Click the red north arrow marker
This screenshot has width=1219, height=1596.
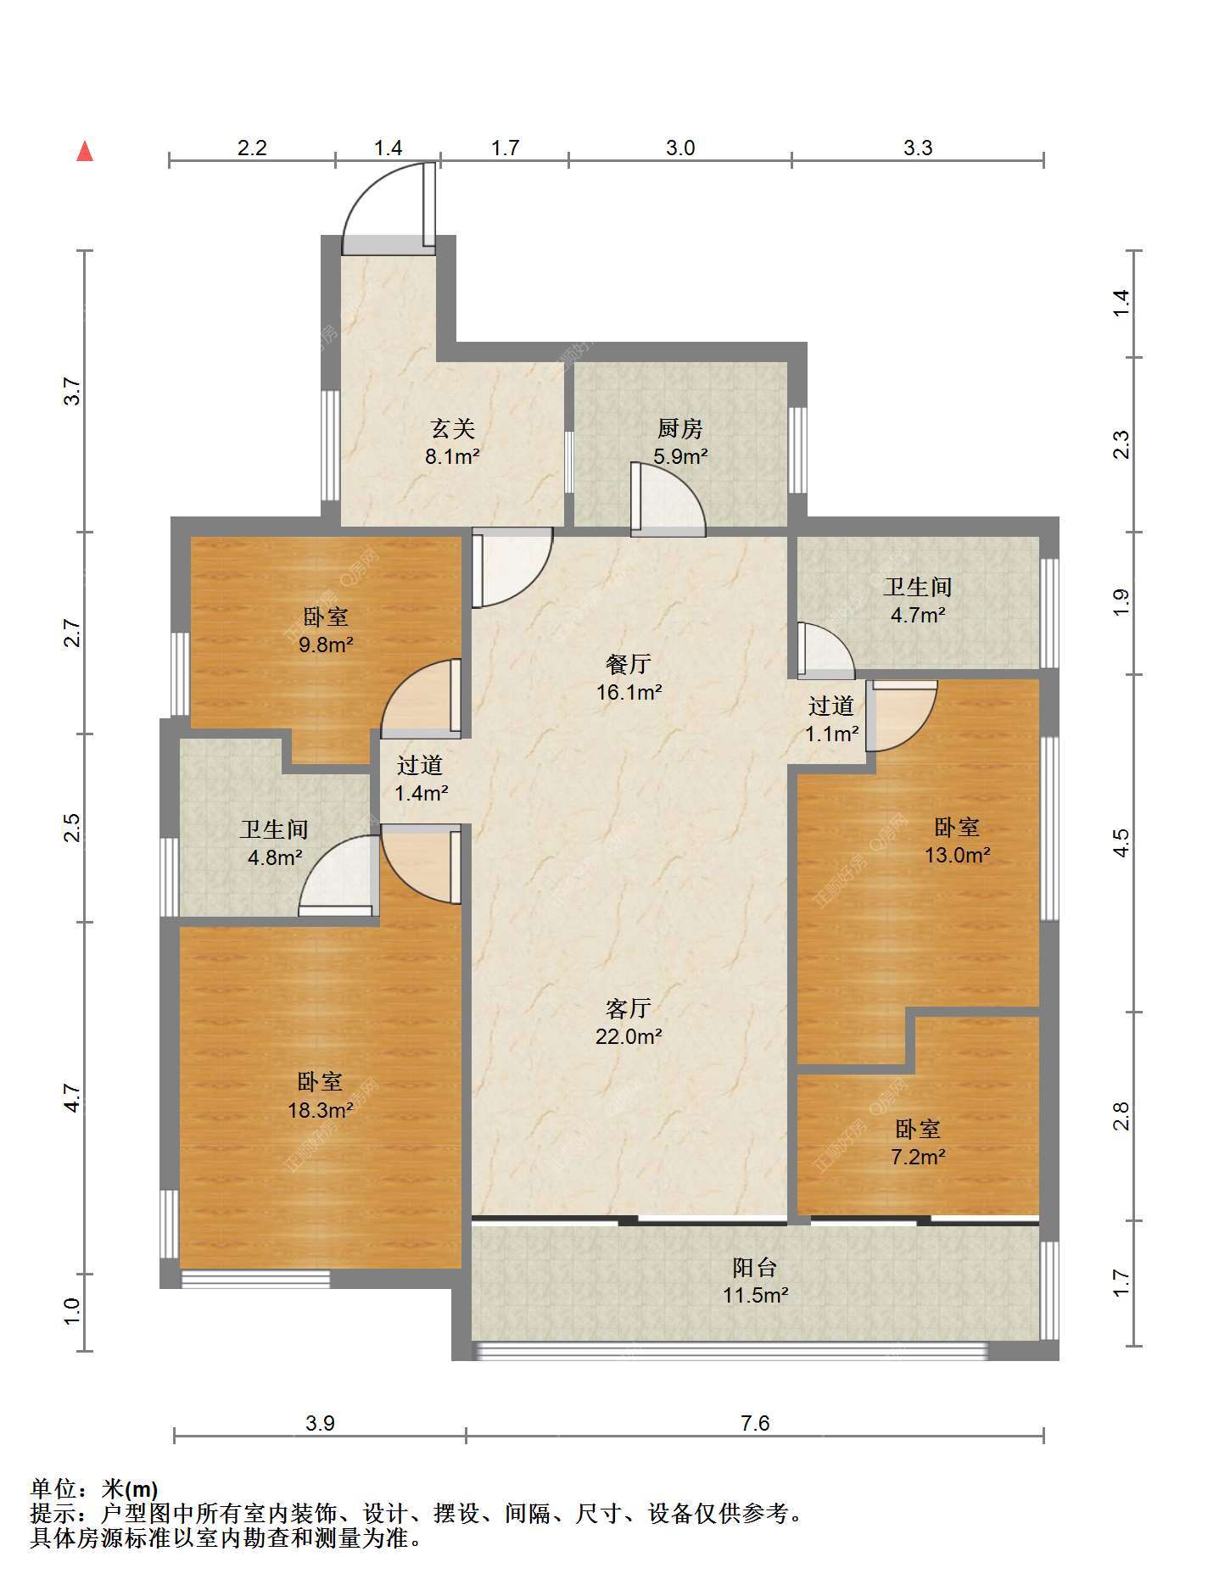pyautogui.click(x=85, y=151)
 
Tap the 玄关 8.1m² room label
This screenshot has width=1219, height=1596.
pyautogui.click(x=452, y=443)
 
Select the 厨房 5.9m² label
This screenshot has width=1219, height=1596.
pyautogui.click(x=680, y=442)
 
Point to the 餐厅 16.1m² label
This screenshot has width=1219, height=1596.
pyautogui.click(x=629, y=678)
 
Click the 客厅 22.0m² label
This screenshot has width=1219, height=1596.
pyautogui.click(x=629, y=1022)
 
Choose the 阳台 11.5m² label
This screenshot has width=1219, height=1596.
pyautogui.click(x=756, y=1281)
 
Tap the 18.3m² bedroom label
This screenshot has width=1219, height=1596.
pyautogui.click(x=320, y=1096)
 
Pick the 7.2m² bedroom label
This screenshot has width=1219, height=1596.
pyautogui.click(x=918, y=1142)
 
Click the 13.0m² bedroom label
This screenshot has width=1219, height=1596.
pyautogui.click(x=957, y=840)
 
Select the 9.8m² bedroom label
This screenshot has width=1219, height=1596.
pyautogui.click(x=326, y=630)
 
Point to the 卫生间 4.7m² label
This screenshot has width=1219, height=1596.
pyautogui.click(x=918, y=600)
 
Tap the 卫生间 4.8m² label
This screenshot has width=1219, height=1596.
pyautogui.click(x=274, y=843)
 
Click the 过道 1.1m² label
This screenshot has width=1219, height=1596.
pyautogui.click(x=831, y=719)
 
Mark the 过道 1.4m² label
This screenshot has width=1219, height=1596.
pyautogui.click(x=421, y=778)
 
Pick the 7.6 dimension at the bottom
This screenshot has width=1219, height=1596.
pyautogui.click(x=755, y=1422)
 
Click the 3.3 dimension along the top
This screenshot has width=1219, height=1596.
pyautogui.click(x=918, y=148)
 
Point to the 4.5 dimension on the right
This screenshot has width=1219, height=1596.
pyautogui.click(x=1121, y=842)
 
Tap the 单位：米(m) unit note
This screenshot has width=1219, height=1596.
pyautogui.click(x=94, y=1489)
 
